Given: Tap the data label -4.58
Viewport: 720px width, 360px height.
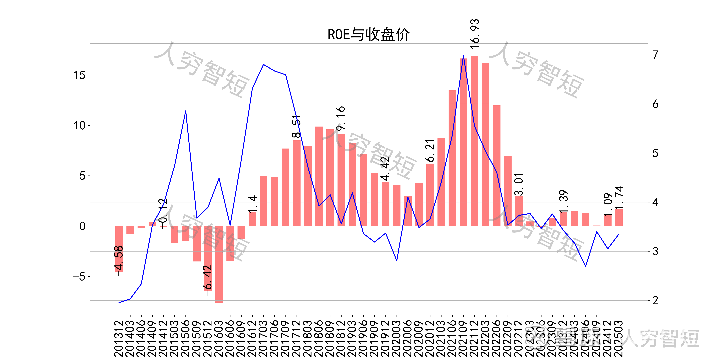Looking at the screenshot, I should click(x=119, y=260).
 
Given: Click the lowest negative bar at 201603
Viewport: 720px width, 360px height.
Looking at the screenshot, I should click(x=219, y=264).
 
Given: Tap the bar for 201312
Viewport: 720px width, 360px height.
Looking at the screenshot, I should click(x=119, y=249).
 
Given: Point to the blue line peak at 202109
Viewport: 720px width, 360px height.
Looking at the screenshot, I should click(x=463, y=56).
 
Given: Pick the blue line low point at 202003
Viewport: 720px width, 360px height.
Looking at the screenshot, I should click(x=397, y=260).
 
